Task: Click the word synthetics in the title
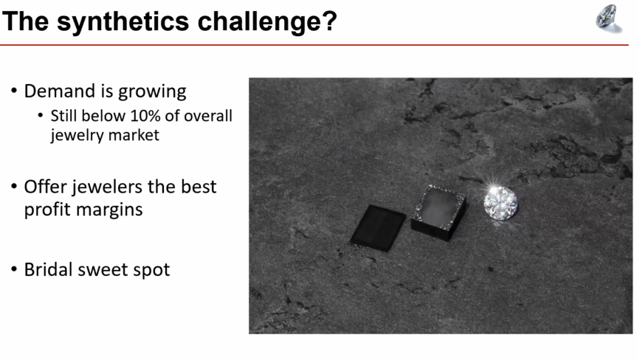pyautogui.click(x=123, y=21)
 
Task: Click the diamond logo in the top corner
pyautogui.click(x=608, y=18)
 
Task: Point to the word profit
pyautogui.click(x=47, y=210)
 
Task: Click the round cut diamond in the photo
pyautogui.click(x=500, y=203)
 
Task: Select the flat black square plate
pyautogui.click(x=378, y=228)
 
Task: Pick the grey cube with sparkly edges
pyautogui.click(x=438, y=213)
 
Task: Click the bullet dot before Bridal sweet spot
pyautogui.click(x=14, y=269)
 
